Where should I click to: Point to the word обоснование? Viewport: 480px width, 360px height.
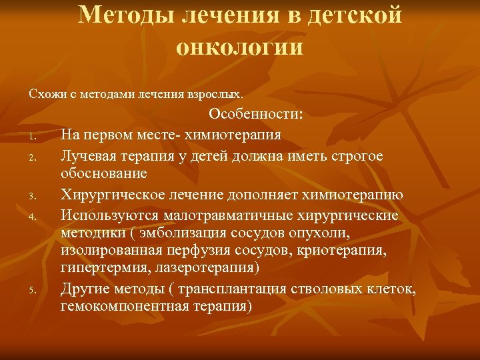tap(103, 173)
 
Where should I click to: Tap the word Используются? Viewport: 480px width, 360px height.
tap(106, 215)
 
